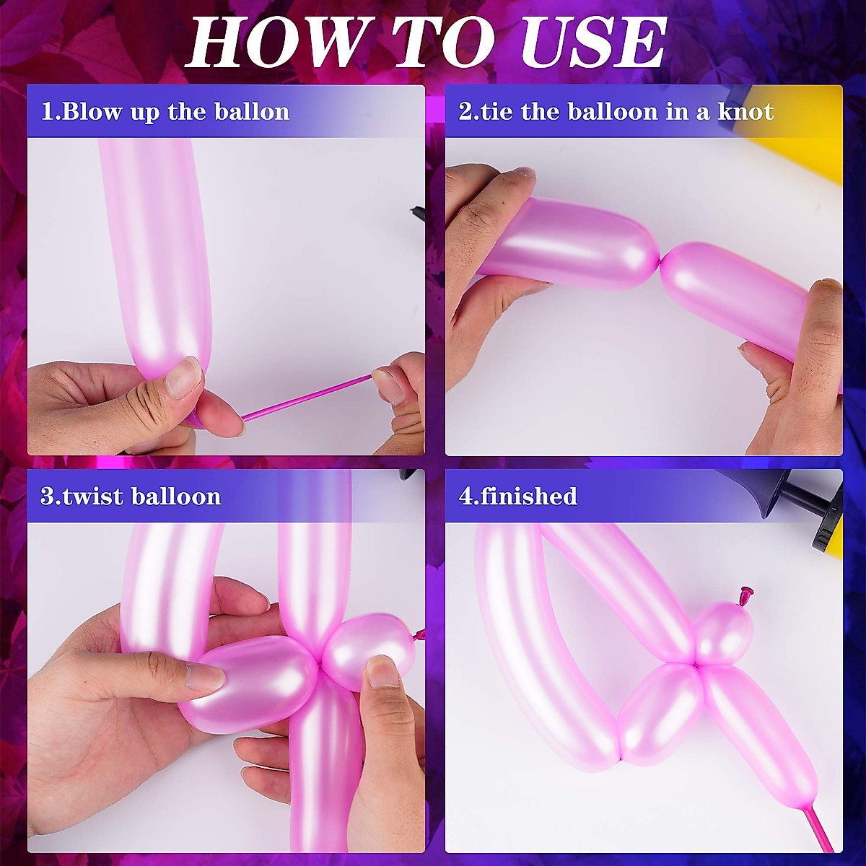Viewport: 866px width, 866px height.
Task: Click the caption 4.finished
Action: click(518, 497)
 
